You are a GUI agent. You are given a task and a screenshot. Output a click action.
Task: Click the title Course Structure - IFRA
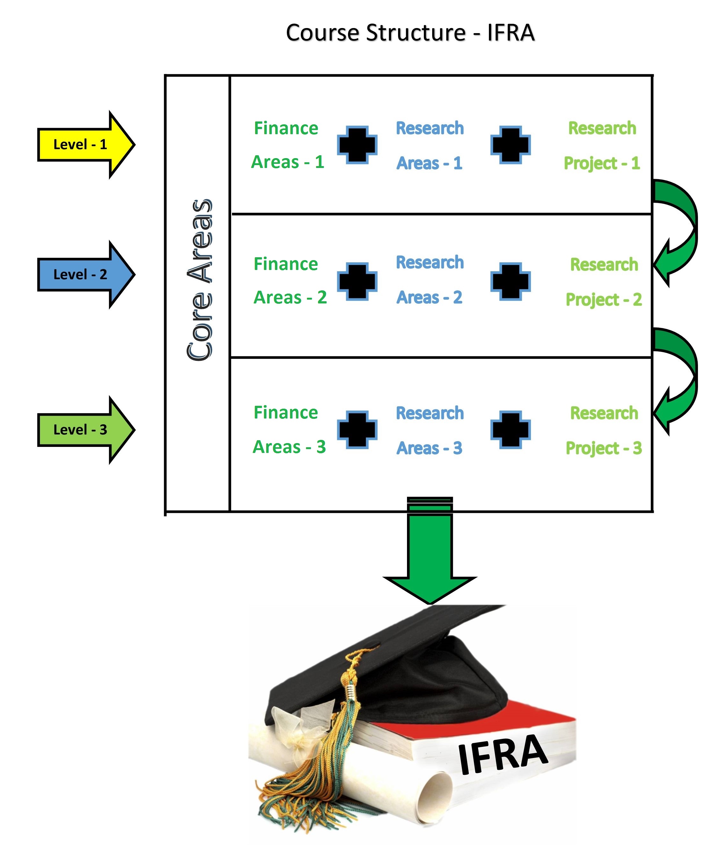tap(410, 33)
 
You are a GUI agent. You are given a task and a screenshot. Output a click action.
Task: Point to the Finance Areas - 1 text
tap(287, 145)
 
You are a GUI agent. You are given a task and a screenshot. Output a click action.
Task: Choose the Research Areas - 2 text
tap(430, 280)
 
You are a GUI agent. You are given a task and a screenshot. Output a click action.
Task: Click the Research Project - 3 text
tap(604, 430)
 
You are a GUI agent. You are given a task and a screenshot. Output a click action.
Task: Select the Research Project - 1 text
tap(602, 145)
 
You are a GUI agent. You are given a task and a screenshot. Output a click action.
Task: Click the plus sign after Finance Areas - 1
tap(357, 145)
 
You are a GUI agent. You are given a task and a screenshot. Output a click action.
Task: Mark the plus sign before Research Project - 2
tap(510, 282)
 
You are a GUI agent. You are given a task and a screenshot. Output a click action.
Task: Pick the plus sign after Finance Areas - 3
tap(357, 430)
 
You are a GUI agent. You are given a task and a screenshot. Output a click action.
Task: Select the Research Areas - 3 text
tap(430, 430)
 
